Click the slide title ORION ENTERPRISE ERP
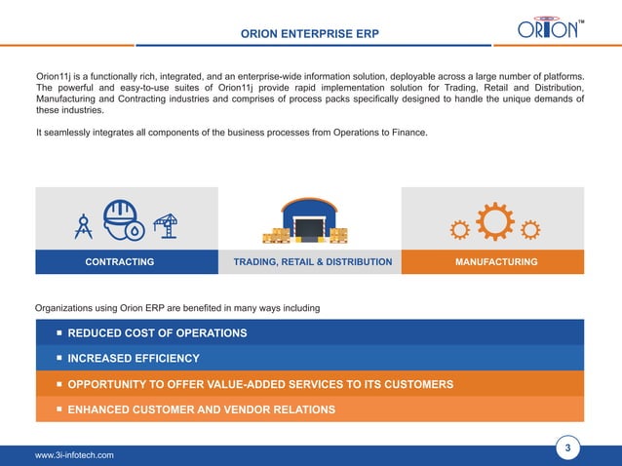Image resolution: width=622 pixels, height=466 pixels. tap(310, 35)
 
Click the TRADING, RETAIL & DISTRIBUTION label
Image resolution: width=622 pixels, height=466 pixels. tap(313, 262)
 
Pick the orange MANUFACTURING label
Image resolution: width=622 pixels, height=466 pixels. tap(496, 262)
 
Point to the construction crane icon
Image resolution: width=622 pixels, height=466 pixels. tap(165, 226)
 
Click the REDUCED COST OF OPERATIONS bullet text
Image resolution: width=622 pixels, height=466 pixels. tap(157, 333)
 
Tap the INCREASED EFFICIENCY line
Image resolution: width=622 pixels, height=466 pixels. tap(134, 359)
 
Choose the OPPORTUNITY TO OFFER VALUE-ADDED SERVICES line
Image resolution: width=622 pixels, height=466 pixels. tap(260, 384)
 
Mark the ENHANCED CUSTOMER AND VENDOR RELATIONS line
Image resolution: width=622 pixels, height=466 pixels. tap(201, 409)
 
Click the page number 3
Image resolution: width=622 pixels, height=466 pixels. tap(567, 448)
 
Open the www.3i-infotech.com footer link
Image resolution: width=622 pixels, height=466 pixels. tap(74, 455)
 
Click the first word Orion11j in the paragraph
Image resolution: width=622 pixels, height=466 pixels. tap(57, 76)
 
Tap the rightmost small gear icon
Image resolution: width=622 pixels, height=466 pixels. tap(530, 230)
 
